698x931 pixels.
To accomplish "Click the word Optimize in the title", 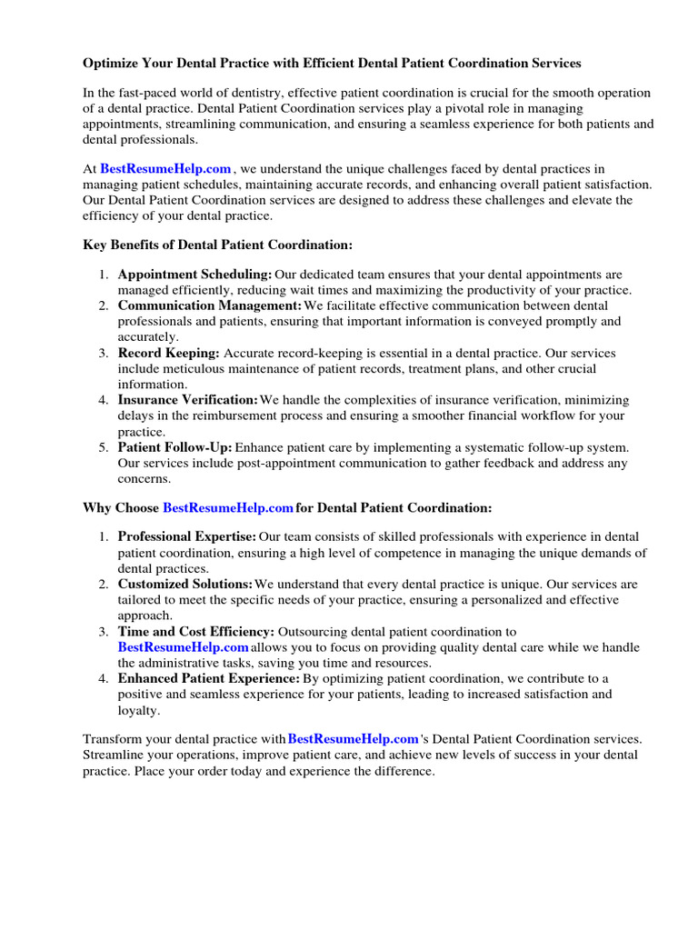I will pyautogui.click(x=113, y=64).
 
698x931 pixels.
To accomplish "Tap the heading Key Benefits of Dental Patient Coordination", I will pyautogui.click(x=217, y=245).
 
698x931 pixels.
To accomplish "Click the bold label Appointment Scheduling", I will pyautogui.click(x=194, y=274).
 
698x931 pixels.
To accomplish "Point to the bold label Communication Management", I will pyautogui.click(x=210, y=305).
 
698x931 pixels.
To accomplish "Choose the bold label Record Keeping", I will pyautogui.click(x=168, y=353).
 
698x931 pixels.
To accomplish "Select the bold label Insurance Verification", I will pyautogui.click(x=188, y=400).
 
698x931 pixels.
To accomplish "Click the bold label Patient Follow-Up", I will pyautogui.click(x=175, y=447).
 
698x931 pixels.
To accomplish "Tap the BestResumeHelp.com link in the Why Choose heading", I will pyautogui.click(x=228, y=507).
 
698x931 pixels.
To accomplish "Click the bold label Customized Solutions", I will pyautogui.click(x=184, y=584).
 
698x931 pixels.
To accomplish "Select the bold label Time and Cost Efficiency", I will pyautogui.click(x=196, y=631).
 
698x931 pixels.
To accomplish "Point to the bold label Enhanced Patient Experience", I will pyautogui.click(x=208, y=678).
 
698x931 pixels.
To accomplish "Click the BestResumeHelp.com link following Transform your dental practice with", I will pyautogui.click(x=354, y=738).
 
